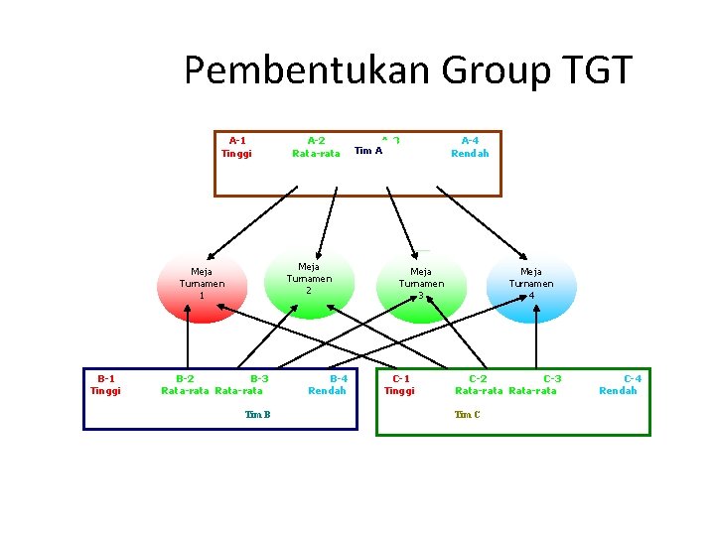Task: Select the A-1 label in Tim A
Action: click(x=237, y=141)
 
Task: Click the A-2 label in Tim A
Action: click(x=316, y=141)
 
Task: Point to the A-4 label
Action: click(x=470, y=141)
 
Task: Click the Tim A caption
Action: click(x=368, y=152)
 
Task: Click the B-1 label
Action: click(x=105, y=378)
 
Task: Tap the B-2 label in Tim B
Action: click(x=185, y=378)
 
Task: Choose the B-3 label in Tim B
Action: click(x=259, y=378)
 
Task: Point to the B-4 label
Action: click(x=339, y=378)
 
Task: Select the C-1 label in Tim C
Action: click(x=400, y=378)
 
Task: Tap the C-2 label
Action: click(x=478, y=378)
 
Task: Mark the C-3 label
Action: click(x=552, y=378)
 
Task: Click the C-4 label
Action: click(x=632, y=378)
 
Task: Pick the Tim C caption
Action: click(x=467, y=414)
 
